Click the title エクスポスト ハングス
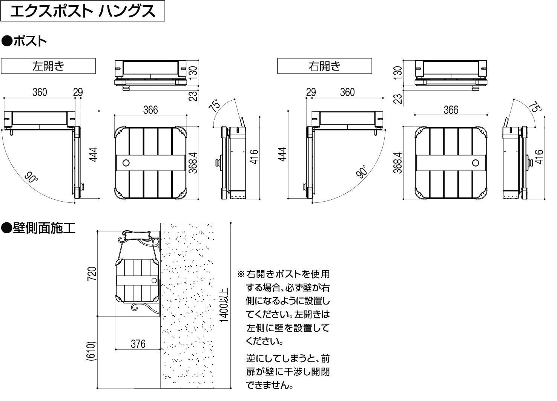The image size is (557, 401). click(83, 11)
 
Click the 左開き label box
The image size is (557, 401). click(48, 66)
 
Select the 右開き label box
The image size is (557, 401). click(324, 66)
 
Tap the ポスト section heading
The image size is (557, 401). click(24, 41)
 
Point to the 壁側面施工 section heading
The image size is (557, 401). click(38, 228)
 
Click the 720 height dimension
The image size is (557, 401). click(92, 274)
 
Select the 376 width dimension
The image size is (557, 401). click(138, 344)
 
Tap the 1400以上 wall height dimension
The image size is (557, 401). click(224, 305)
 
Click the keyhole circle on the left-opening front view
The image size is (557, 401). click(126, 163)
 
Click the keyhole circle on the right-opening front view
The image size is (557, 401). click(476, 163)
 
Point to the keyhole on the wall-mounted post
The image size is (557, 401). click(154, 280)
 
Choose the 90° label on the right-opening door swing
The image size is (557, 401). click(362, 172)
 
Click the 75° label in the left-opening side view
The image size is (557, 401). click(214, 105)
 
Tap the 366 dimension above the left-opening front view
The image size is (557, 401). click(150, 110)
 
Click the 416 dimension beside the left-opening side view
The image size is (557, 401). click(254, 157)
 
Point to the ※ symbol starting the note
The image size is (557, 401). click(241, 274)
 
